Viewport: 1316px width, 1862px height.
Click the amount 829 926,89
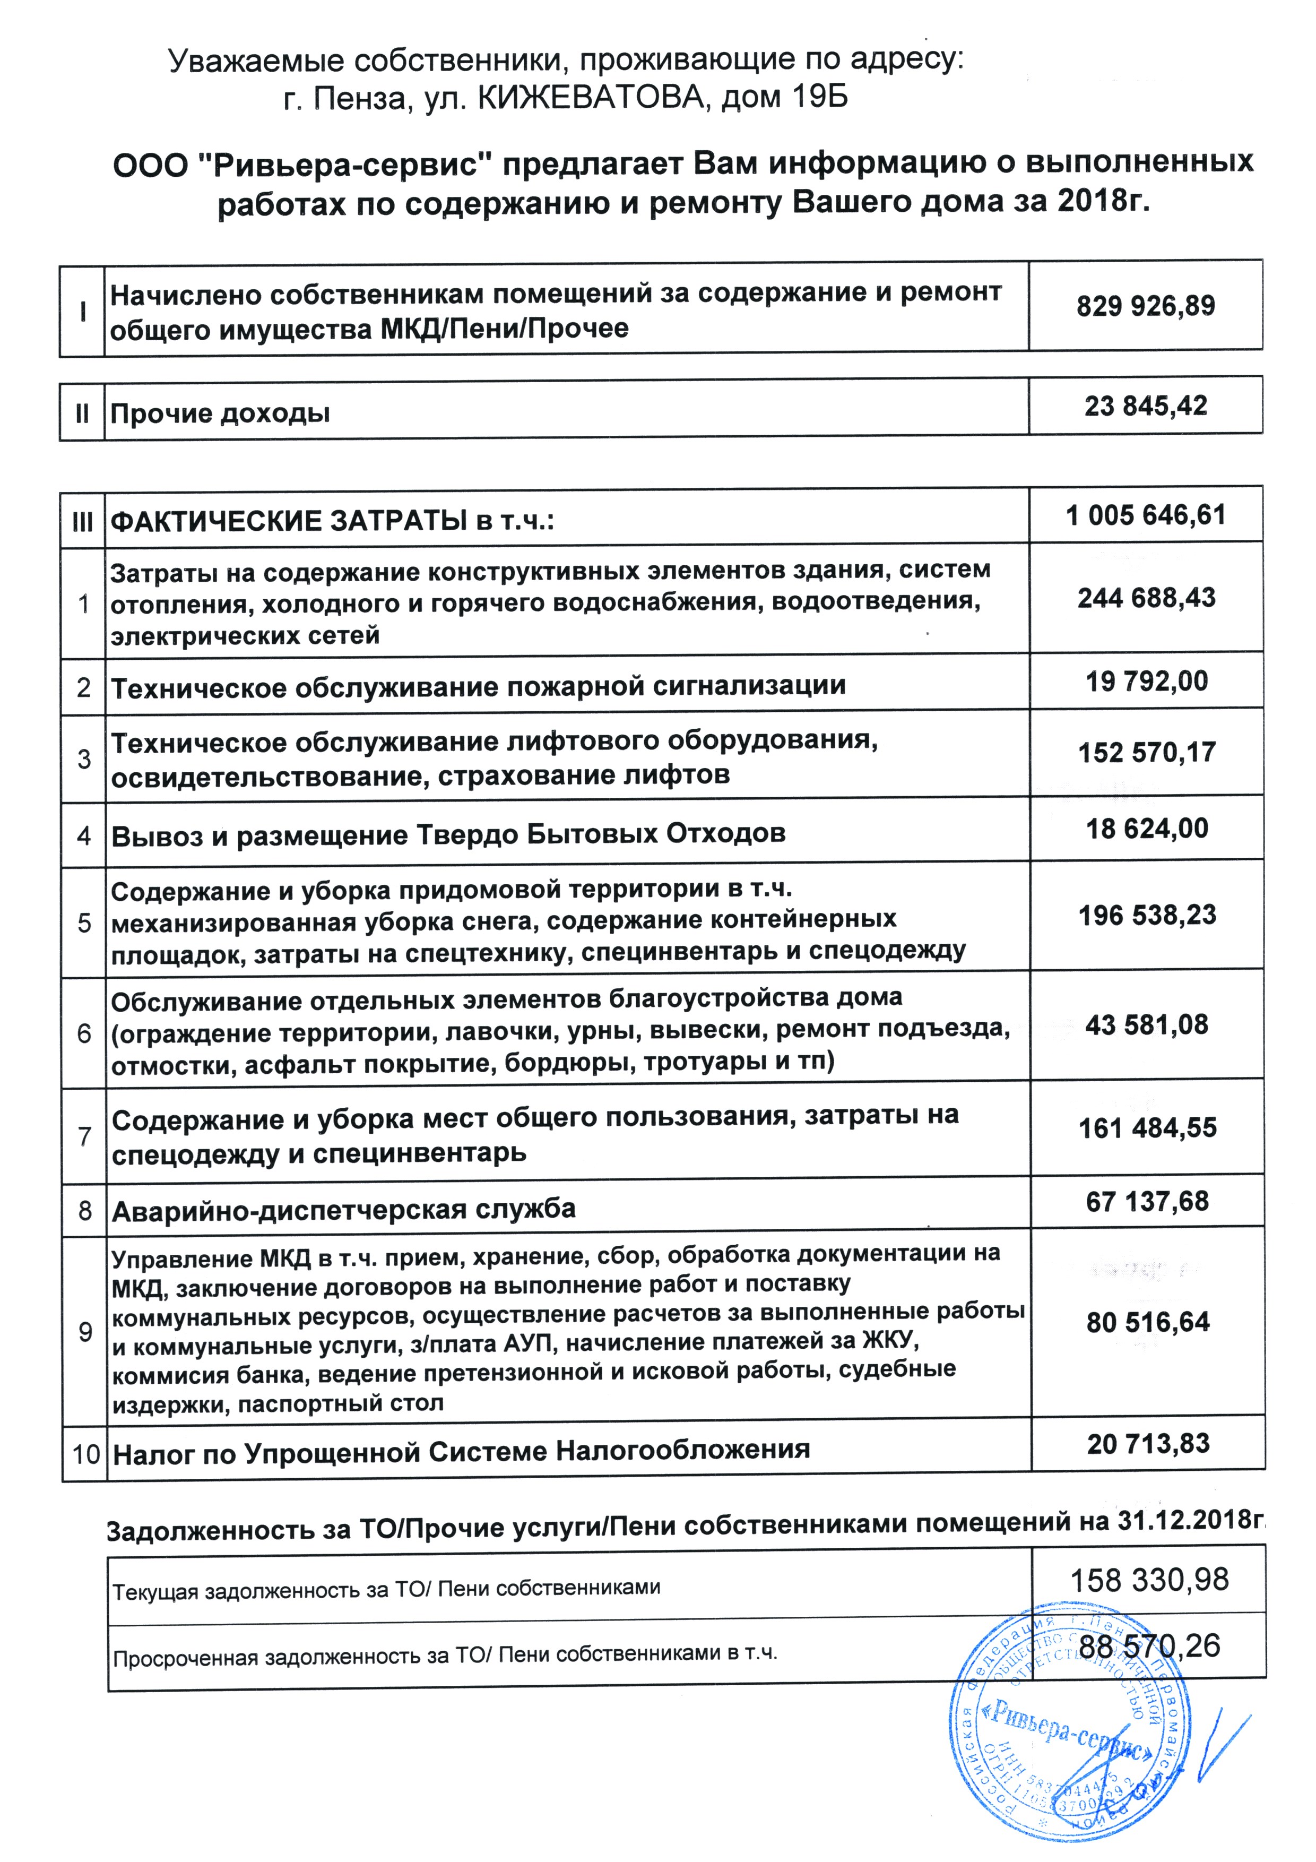click(x=1145, y=307)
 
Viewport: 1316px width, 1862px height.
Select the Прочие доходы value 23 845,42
click(x=1145, y=406)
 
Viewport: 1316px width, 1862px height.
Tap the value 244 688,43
click(x=1146, y=599)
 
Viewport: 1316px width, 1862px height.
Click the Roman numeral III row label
click(x=83, y=521)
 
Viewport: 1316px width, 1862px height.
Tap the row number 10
click(x=86, y=1454)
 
